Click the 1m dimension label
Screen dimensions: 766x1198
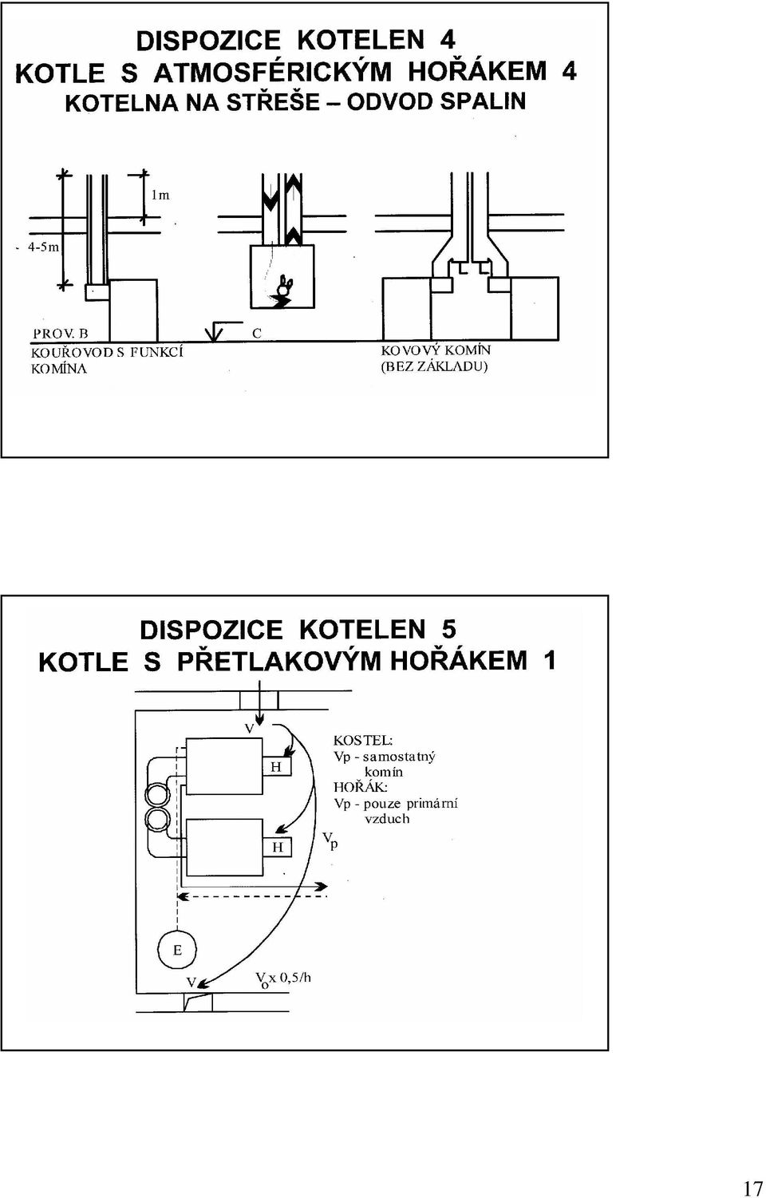160,196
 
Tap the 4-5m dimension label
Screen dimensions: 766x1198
43,247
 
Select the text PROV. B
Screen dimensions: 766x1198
61,334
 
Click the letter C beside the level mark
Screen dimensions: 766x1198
257,334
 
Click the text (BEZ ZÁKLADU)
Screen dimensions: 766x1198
434,367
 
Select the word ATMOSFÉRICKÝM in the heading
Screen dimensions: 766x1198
273,72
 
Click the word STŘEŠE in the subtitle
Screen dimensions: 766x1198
273,101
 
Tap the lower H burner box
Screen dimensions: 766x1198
277,847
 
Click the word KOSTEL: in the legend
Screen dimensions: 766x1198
363,741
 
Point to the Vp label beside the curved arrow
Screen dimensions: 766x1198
330,840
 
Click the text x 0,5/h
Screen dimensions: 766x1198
290,979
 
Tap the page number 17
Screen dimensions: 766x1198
752,1184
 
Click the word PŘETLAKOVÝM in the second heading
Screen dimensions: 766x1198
278,661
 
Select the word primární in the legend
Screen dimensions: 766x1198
432,804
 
